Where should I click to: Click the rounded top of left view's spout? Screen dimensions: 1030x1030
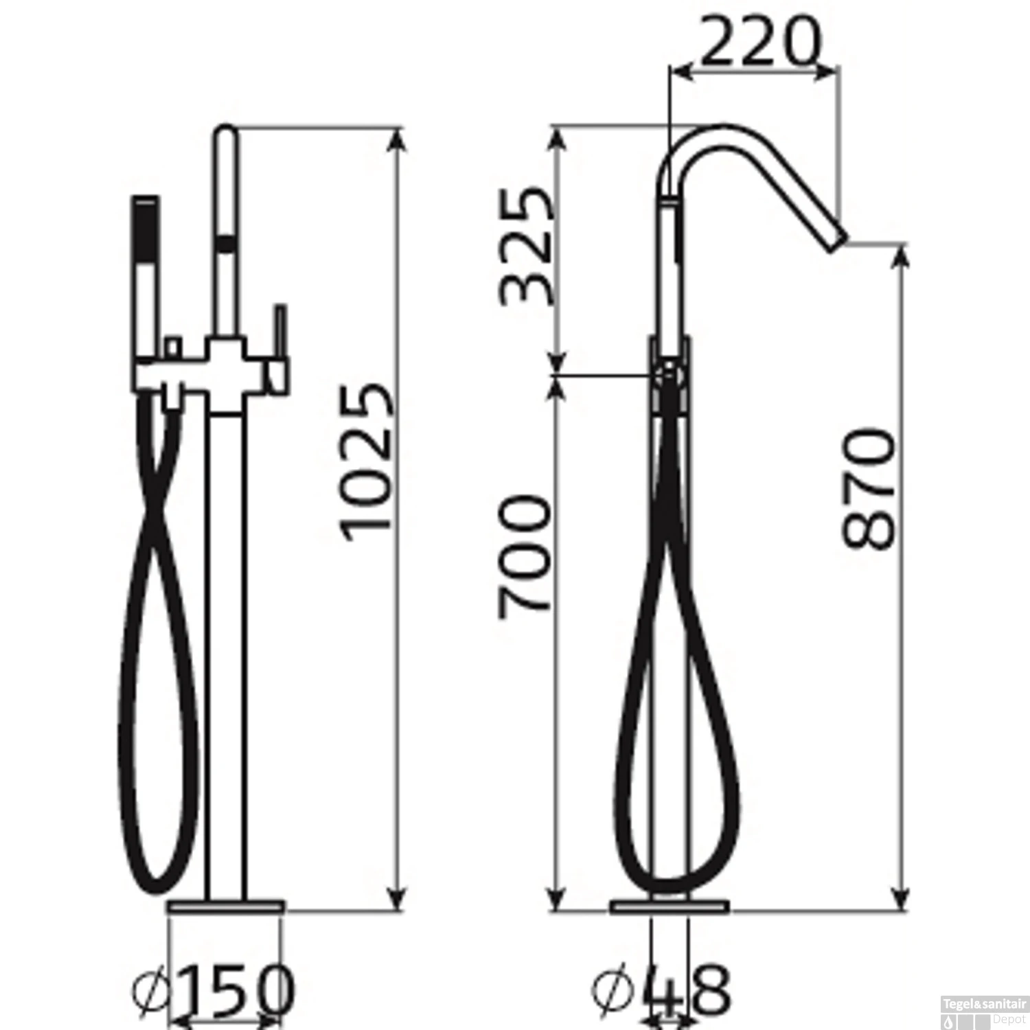[x=226, y=134]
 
